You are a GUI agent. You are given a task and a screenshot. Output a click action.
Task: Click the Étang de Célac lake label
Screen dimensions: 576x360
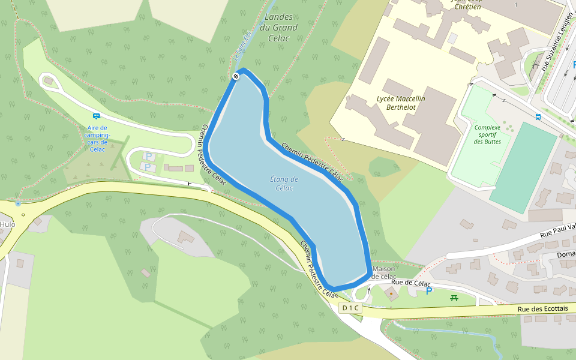pos(284,184)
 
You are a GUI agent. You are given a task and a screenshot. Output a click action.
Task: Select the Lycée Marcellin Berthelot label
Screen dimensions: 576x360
pos(400,103)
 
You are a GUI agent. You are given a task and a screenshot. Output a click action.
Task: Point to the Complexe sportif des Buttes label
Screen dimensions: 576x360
pos(487,134)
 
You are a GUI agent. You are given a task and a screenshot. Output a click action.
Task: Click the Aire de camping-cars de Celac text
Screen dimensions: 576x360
pos(97,139)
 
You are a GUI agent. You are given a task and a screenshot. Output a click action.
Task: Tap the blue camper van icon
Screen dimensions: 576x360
pos(96,116)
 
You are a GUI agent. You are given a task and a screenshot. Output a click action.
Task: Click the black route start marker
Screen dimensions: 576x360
pos(236,76)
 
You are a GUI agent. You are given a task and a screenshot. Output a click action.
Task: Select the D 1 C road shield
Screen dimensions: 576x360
pos(350,308)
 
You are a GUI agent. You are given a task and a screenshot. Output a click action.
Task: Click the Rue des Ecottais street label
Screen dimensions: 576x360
pos(542,308)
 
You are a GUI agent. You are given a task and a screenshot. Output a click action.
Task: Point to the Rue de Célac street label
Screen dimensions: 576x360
pos(411,282)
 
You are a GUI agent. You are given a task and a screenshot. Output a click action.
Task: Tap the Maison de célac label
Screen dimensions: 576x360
pos(383,272)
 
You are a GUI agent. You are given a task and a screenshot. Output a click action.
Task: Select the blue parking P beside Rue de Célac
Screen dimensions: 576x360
pos(429,291)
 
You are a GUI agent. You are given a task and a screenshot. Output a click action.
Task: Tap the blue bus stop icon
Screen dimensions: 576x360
pos(538,116)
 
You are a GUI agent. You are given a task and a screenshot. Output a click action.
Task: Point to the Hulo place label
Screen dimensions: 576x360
pos(7,224)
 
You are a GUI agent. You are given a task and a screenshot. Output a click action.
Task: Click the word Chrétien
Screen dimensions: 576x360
pos(467,7)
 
